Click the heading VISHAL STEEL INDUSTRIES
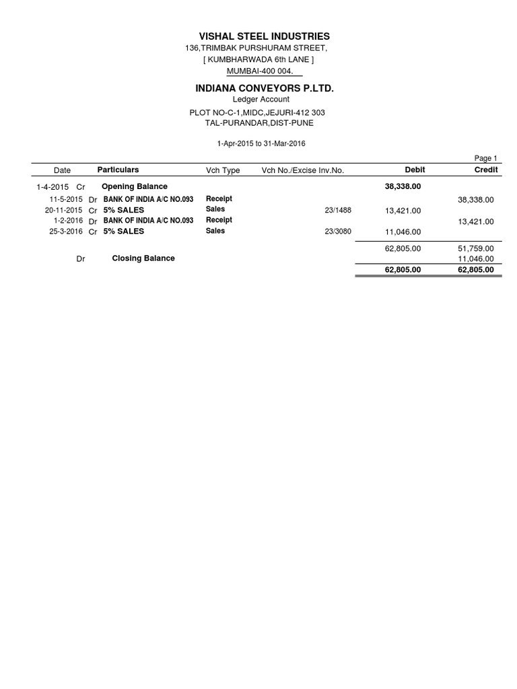264,36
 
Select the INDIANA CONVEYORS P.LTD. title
264,88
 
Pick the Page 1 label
485,158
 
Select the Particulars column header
118,170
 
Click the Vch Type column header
223,171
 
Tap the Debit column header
415,170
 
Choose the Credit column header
486,170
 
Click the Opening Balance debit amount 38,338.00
403,186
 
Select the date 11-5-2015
66,200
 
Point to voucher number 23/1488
338,210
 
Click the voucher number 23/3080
338,231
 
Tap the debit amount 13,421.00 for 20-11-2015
403,211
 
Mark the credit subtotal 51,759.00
476,248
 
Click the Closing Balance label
143,258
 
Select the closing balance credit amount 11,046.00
476,258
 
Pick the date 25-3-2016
66,231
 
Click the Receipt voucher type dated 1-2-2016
219,220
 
